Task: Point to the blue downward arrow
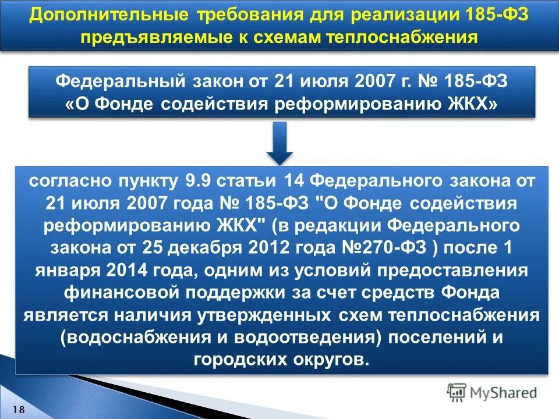279,146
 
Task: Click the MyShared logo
493,392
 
